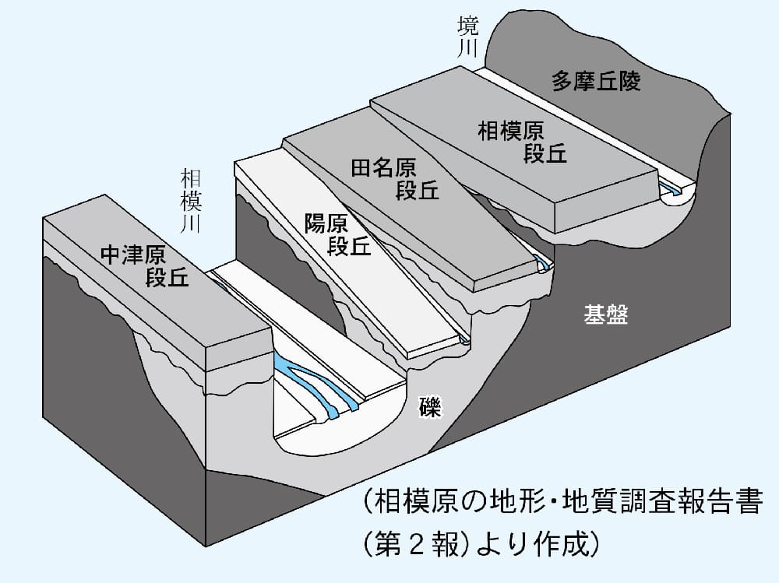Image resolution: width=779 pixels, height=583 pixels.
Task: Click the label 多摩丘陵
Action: tap(596, 81)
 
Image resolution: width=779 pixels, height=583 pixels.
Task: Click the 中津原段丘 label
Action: tap(145, 266)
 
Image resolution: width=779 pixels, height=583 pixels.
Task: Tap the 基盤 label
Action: tap(605, 315)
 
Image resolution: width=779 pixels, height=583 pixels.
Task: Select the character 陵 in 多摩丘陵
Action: tap(629, 81)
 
